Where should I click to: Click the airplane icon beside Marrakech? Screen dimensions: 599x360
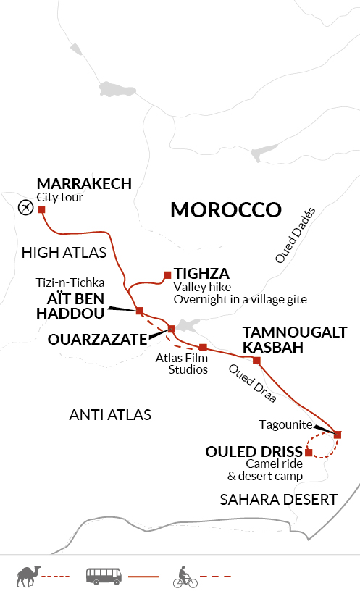click(x=25, y=207)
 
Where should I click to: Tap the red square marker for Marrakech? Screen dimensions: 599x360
click(x=41, y=210)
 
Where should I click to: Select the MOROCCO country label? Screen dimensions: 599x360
click(x=225, y=210)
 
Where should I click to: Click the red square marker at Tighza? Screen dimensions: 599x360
click(x=167, y=275)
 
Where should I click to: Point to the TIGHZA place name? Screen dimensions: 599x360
click(x=201, y=274)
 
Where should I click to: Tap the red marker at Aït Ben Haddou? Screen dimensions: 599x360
click(x=138, y=311)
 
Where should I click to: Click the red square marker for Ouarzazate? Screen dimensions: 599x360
click(x=172, y=330)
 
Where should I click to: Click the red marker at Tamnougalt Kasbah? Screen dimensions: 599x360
click(x=256, y=361)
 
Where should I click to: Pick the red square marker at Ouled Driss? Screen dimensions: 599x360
click(x=309, y=453)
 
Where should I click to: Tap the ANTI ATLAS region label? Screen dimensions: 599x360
click(x=109, y=415)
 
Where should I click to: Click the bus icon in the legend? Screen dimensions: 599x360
click(x=104, y=577)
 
